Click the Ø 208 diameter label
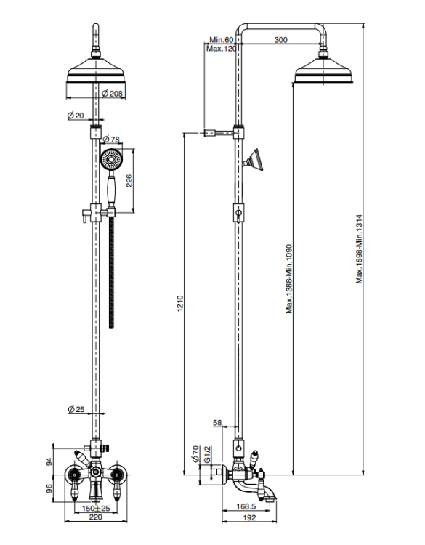click(x=112, y=93)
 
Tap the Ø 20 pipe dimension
click(x=76, y=116)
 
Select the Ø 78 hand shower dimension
click(x=111, y=139)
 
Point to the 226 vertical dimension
click(x=129, y=181)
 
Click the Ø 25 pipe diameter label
click(x=76, y=409)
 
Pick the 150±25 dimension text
click(x=96, y=509)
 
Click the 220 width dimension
click(x=96, y=517)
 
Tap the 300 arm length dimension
click(x=280, y=40)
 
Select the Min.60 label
click(x=222, y=40)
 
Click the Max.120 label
click(x=222, y=48)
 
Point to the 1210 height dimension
click(x=179, y=304)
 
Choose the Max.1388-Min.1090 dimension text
click(x=289, y=279)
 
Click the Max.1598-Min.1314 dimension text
click(x=359, y=249)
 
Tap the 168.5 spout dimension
click(x=246, y=506)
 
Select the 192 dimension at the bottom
click(x=249, y=517)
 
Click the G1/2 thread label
click(x=207, y=454)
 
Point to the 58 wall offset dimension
click(x=217, y=423)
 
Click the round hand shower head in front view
click(x=112, y=161)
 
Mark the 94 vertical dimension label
click(x=49, y=462)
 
